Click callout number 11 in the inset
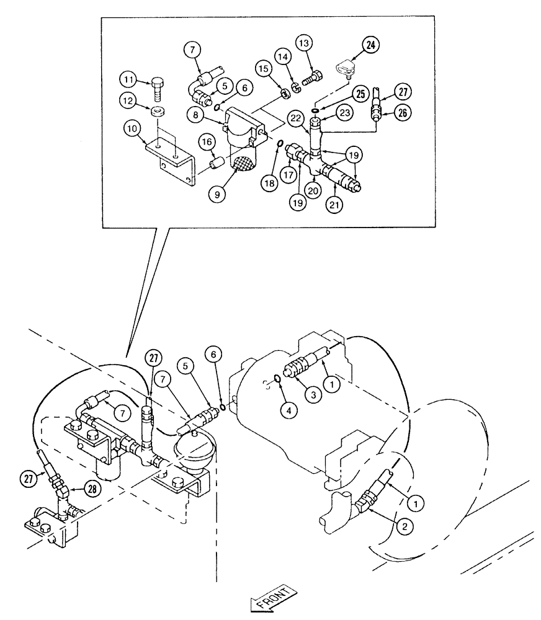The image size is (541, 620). pyautogui.click(x=128, y=80)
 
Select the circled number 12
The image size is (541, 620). pyautogui.click(x=128, y=100)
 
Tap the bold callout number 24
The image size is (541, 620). pyautogui.click(x=370, y=46)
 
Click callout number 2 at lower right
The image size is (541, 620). pyautogui.click(x=404, y=527)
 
